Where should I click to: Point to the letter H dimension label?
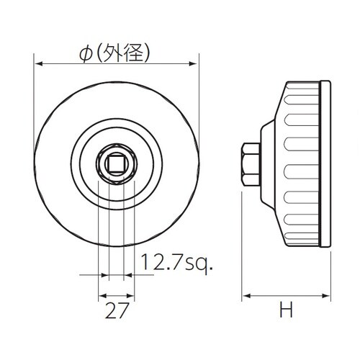(287, 310)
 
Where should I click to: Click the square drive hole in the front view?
(115, 164)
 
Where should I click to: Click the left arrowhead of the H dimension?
(243, 295)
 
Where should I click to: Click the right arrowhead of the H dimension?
(328, 295)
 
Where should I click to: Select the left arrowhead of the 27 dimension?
(100, 295)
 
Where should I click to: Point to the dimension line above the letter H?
(286, 295)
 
